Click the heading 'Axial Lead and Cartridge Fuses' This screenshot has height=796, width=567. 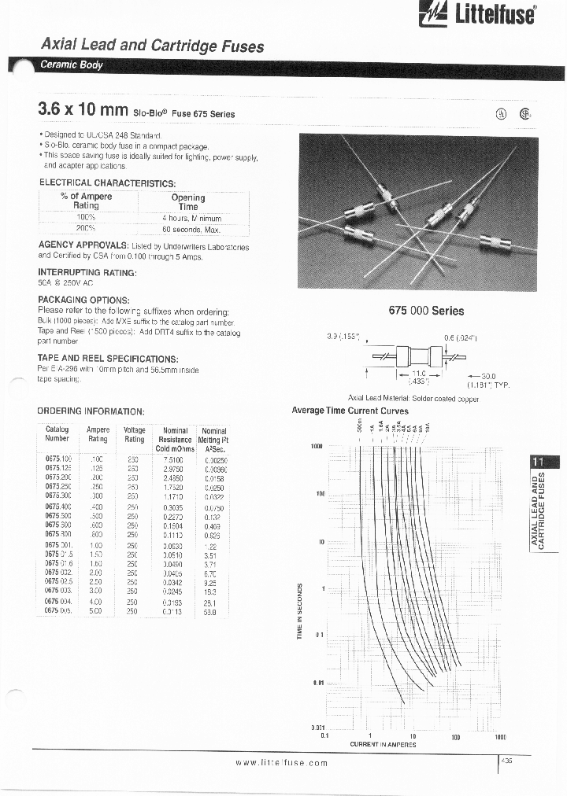click(x=152, y=46)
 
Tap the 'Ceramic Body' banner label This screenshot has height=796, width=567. click(x=72, y=65)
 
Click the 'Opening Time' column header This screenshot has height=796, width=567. click(x=188, y=202)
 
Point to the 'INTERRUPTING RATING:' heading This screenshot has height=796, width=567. click(x=87, y=272)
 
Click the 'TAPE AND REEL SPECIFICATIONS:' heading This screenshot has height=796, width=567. click(x=109, y=359)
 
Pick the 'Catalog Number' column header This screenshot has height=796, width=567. click(x=57, y=434)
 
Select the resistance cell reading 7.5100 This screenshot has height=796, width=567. click(x=173, y=459)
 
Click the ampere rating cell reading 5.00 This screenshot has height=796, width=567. click(x=98, y=610)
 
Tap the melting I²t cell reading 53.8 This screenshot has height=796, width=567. click(x=210, y=610)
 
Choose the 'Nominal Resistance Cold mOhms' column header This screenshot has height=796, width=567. click(x=175, y=440)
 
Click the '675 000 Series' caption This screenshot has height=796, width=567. click(x=426, y=311)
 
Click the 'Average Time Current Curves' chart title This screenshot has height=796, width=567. click(x=350, y=411)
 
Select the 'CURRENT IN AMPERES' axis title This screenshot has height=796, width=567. click(x=383, y=744)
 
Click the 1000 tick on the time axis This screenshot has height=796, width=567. click(x=317, y=446)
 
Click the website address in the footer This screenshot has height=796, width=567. click(x=282, y=765)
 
